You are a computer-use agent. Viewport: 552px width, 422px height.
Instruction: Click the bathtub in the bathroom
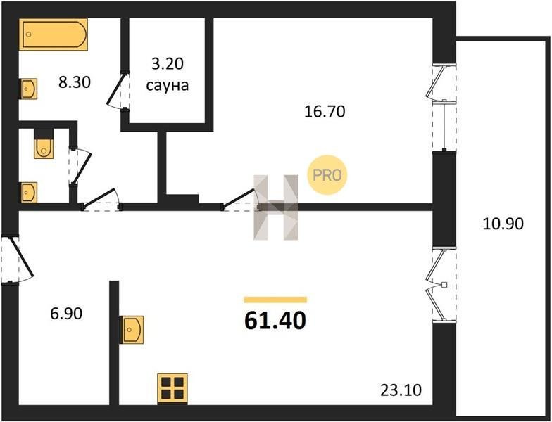click(x=54, y=34)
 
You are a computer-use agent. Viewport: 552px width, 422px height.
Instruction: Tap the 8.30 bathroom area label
click(x=75, y=83)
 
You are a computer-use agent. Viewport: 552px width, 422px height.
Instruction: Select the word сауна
click(x=168, y=86)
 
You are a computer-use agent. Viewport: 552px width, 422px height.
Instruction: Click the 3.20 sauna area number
click(x=168, y=64)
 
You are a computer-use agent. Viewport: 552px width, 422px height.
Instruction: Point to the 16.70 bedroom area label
click(x=325, y=111)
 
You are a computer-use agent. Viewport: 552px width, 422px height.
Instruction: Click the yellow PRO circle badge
click(x=327, y=174)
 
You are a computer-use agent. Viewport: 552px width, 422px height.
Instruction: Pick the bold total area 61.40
click(x=275, y=321)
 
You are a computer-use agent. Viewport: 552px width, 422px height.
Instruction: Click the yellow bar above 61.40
click(x=275, y=300)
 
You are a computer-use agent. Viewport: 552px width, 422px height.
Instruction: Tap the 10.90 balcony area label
click(x=503, y=224)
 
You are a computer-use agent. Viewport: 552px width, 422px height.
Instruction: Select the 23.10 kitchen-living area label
click(x=401, y=390)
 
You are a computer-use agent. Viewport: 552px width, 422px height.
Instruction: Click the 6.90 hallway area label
click(x=66, y=314)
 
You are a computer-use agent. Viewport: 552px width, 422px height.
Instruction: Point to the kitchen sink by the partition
click(x=132, y=329)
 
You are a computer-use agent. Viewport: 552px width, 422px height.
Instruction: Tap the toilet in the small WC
click(x=44, y=144)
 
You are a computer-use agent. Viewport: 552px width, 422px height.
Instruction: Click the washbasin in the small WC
click(x=29, y=193)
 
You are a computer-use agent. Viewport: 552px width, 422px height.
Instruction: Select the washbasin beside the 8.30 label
click(x=28, y=89)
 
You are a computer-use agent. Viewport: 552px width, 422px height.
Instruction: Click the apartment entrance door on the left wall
click(x=16, y=259)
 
